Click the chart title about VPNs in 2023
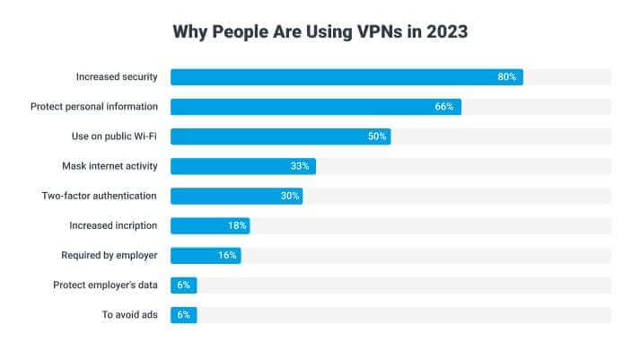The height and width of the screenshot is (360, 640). [x=320, y=31]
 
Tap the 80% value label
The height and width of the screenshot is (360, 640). [x=507, y=77]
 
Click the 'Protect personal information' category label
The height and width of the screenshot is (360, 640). [x=93, y=107]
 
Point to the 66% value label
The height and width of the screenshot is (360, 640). [x=444, y=107]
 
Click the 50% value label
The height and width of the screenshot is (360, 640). [x=376, y=136]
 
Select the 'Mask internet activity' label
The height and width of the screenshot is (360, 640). [x=110, y=166]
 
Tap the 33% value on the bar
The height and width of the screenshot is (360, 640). [x=300, y=166]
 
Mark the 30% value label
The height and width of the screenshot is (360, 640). [x=287, y=196]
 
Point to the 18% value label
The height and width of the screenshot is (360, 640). [x=236, y=225]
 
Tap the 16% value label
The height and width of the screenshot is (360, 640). [x=227, y=255]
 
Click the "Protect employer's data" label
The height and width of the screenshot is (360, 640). [x=105, y=285]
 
